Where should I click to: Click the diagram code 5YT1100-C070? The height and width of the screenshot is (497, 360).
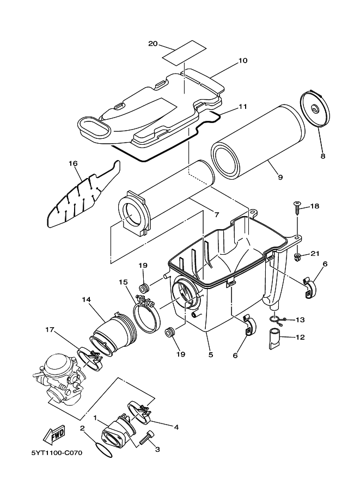click(x=53, y=452)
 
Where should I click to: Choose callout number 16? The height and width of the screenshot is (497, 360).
click(x=74, y=162)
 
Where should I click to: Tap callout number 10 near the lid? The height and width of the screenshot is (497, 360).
click(x=243, y=60)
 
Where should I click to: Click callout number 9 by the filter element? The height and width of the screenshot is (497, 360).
click(x=280, y=177)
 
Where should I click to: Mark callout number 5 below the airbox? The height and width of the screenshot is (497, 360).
click(x=210, y=354)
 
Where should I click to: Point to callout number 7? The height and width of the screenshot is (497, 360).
click(x=216, y=215)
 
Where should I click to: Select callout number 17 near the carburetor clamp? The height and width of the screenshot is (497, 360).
click(x=50, y=329)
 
